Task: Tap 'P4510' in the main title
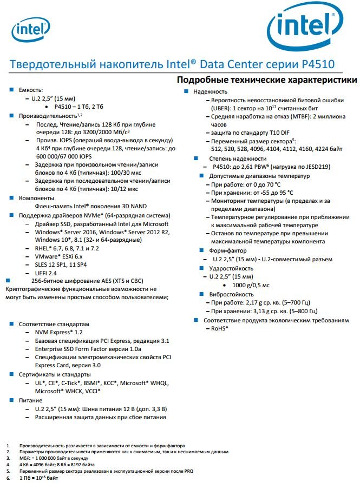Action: tap(317, 64)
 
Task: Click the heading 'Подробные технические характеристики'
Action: tap(267, 80)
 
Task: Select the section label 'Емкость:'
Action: tap(31, 90)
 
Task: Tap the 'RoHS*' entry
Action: tap(219, 328)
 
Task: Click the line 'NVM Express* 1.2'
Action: tap(58, 333)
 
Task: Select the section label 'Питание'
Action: tap(31, 400)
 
